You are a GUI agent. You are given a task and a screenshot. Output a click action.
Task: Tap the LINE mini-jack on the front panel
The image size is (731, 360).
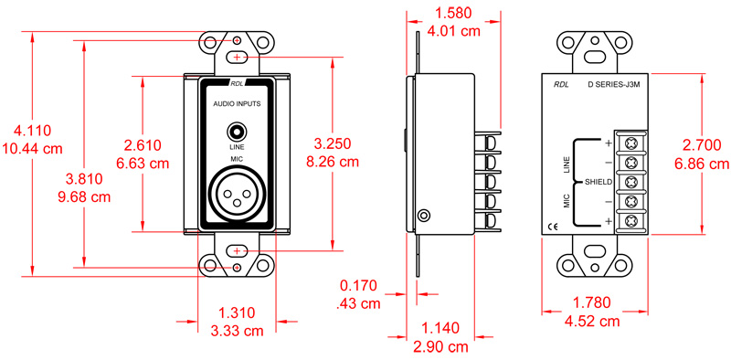point(237,131)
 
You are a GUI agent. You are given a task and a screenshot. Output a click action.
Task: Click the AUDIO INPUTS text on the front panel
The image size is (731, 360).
point(237,104)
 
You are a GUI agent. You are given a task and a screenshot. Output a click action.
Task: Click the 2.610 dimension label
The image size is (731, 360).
point(143,146)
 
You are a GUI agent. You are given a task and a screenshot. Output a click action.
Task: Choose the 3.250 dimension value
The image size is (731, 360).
point(333,146)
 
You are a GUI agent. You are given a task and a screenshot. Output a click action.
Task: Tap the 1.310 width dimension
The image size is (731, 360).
point(237,312)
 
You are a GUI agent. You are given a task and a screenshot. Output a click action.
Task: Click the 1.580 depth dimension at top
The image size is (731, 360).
point(457,14)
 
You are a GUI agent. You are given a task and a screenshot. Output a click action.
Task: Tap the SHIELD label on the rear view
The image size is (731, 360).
point(598,182)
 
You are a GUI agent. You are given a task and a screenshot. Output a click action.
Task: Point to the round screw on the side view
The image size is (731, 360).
point(423,216)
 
